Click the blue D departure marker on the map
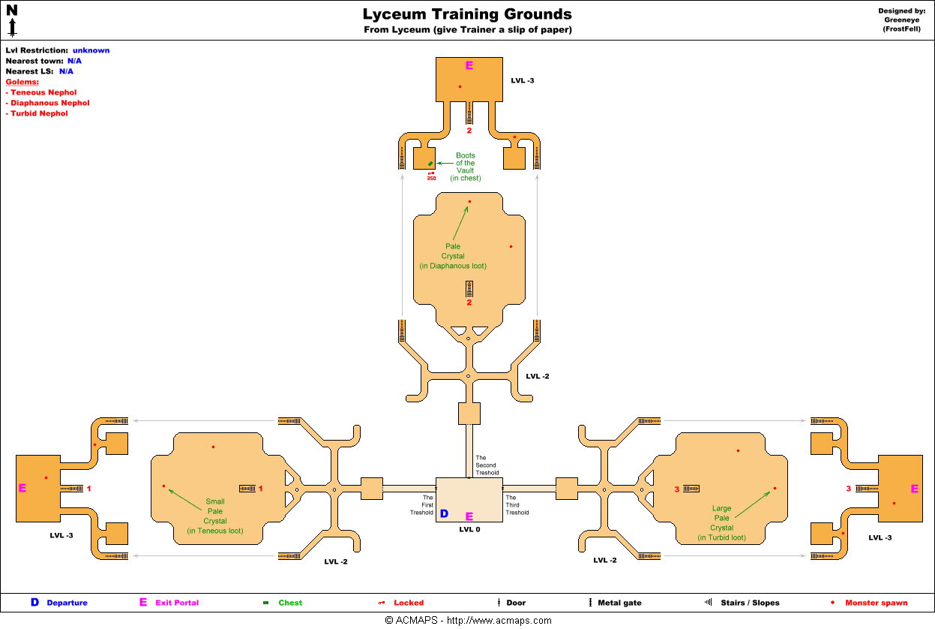(444, 514)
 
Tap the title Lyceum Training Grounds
(467, 14)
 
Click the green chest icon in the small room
(430, 164)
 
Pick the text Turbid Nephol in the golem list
(39, 113)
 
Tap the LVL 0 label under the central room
(469, 529)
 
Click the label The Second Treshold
(487, 465)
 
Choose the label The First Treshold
(421, 505)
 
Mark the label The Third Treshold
(517, 505)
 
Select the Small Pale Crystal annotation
(215, 516)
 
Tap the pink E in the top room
(469, 65)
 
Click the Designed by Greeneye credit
(901, 20)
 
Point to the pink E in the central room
(469, 516)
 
